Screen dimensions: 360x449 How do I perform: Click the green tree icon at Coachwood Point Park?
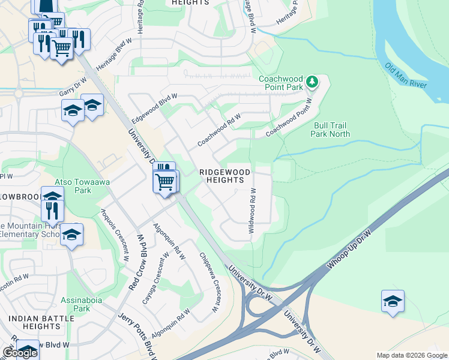click(312, 81)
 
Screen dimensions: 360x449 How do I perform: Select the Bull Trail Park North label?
click(331, 130)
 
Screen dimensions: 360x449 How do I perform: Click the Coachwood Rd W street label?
click(219, 130)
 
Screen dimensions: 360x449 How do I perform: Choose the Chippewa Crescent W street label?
click(208, 282)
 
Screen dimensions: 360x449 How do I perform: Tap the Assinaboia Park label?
click(75, 304)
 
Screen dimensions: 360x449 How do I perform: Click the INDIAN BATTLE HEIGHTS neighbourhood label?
click(33, 323)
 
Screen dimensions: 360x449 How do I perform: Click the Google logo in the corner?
click(20, 353)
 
